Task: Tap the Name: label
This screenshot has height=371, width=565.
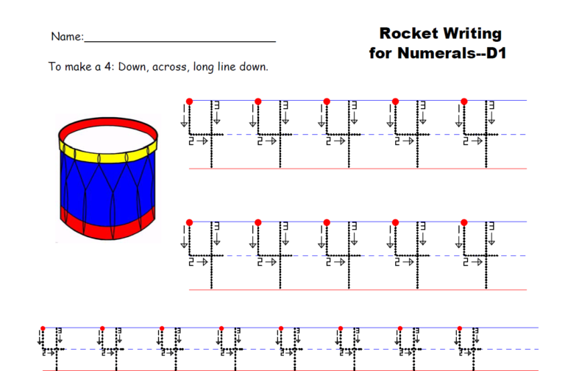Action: (67, 37)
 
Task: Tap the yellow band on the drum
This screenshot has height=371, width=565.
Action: (107, 156)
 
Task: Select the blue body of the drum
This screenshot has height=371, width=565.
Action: (107, 188)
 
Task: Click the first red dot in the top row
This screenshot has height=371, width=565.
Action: (189, 101)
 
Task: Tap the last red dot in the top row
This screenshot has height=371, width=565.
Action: (464, 101)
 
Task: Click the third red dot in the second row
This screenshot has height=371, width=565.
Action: (327, 222)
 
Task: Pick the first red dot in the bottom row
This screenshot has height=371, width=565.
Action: (43, 328)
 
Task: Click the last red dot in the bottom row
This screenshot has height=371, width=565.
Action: (459, 328)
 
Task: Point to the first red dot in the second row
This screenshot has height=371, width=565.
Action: (189, 222)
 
